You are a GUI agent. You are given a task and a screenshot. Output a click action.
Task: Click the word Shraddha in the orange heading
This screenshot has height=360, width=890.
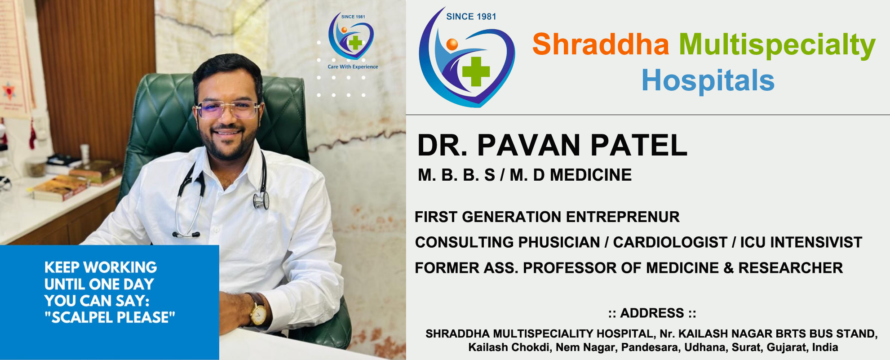pos(601,44)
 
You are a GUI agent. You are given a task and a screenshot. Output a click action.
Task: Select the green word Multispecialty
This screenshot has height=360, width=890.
pos(777,46)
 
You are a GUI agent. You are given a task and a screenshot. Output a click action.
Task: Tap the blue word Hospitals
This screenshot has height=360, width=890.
pos(708,80)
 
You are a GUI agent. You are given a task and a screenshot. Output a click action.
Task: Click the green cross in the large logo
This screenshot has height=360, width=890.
pos(476,71)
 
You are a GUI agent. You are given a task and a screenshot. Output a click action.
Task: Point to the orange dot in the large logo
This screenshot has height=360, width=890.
pos(452,44)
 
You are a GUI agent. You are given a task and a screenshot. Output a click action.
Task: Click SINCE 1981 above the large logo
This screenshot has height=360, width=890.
pos(471,17)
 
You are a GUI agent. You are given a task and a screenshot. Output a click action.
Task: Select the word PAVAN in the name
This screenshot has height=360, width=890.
pos(530,146)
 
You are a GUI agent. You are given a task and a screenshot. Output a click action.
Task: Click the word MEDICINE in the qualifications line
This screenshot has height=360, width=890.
pos(591,175)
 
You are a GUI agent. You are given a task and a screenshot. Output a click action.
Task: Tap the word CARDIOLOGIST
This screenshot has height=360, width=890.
pos(670,242)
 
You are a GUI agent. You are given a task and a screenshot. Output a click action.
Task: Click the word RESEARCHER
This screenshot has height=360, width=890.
pos(790,268)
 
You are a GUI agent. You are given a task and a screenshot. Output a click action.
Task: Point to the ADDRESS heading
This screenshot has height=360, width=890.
pos(652,313)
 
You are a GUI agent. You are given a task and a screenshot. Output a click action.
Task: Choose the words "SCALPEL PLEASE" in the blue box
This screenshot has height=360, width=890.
pos(110,317)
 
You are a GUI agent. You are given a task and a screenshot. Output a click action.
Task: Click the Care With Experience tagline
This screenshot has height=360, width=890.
pos(353,67)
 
